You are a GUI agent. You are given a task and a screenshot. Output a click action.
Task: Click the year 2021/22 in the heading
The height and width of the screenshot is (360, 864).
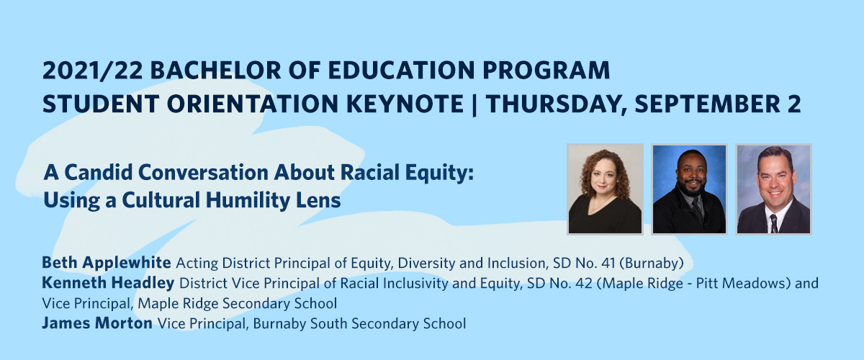(93, 71)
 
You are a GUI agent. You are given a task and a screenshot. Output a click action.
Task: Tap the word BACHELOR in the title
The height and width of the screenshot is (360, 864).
(216, 71)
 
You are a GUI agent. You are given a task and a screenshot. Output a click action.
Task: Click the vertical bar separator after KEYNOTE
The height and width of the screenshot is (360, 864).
(474, 105)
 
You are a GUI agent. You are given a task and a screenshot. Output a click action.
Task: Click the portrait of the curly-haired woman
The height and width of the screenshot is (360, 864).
(605, 189)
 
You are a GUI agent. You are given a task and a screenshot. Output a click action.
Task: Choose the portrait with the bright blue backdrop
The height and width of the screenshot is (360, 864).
(689, 189)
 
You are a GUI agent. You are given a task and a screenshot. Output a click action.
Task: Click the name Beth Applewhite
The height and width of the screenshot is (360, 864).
(107, 263)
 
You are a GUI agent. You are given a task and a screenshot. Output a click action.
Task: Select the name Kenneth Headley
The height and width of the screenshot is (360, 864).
(108, 283)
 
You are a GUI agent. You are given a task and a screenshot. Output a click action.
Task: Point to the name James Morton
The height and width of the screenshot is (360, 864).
(97, 323)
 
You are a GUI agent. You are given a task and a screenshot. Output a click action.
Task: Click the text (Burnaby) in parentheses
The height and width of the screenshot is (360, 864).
(652, 263)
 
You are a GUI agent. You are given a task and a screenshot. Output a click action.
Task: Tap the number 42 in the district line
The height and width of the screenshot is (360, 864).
(584, 283)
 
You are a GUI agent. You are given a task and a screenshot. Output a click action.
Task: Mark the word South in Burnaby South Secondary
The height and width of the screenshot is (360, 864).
(329, 323)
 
